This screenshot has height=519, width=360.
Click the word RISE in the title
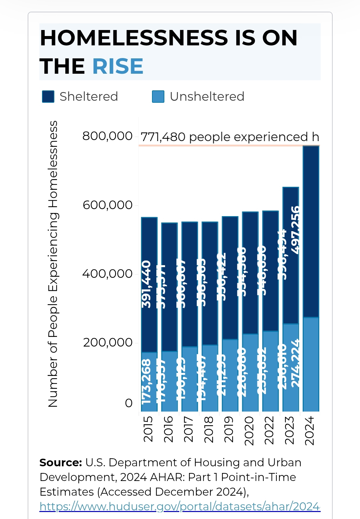point(118,66)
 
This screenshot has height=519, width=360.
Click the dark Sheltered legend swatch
point(48,97)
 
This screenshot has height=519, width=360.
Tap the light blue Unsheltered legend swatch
point(158,97)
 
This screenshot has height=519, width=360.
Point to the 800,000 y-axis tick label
point(107,136)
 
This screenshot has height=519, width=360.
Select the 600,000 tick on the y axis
point(107,205)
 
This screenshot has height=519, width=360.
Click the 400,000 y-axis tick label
point(107,274)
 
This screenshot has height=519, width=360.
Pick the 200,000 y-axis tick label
point(107,343)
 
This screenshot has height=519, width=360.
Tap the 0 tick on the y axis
point(129,403)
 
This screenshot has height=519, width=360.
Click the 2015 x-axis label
point(148,429)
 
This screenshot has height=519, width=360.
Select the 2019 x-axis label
point(229,429)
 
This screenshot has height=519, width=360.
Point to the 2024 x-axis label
point(310,430)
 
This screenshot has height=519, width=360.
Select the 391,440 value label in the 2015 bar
point(147,284)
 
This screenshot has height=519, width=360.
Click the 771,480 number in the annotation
point(163,137)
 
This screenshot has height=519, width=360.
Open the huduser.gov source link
point(180,507)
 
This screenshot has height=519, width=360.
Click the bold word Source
point(60,463)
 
